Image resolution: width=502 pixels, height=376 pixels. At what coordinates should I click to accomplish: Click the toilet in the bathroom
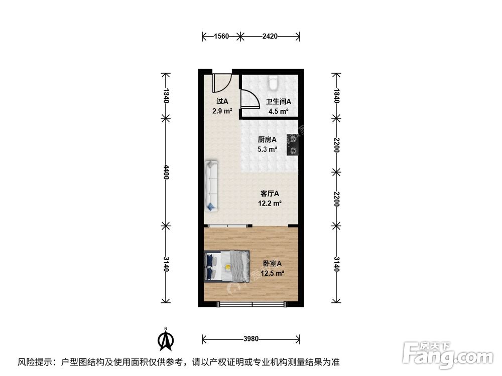[273, 83]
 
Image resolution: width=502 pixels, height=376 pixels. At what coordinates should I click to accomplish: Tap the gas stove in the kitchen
[293, 144]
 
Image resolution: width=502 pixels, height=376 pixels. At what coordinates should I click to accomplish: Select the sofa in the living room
[211, 186]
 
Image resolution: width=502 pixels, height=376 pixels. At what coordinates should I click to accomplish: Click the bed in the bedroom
[227, 266]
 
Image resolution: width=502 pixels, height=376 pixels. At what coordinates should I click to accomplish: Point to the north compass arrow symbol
[166, 339]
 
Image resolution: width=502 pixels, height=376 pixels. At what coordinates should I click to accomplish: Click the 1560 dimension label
[221, 36]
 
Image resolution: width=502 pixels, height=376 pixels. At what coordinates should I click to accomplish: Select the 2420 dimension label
[270, 36]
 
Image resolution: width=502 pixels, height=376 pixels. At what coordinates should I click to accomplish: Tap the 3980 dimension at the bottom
[250, 338]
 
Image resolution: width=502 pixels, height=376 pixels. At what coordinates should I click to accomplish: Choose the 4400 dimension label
[166, 172]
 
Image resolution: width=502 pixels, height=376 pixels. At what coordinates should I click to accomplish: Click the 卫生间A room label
[279, 102]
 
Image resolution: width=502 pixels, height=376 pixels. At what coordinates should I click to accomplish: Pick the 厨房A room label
[267, 140]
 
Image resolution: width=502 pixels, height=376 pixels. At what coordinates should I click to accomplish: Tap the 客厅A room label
[270, 194]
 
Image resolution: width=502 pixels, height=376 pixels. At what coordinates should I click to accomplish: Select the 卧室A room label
[272, 264]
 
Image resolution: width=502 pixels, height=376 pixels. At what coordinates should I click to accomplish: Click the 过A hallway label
[222, 101]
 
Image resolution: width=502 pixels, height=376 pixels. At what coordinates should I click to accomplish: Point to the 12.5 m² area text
[273, 273]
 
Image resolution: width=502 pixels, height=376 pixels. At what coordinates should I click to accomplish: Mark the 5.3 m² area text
[268, 149]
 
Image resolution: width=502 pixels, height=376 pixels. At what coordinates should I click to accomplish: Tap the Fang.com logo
[448, 355]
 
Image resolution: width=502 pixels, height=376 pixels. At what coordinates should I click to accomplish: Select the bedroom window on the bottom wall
[252, 304]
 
